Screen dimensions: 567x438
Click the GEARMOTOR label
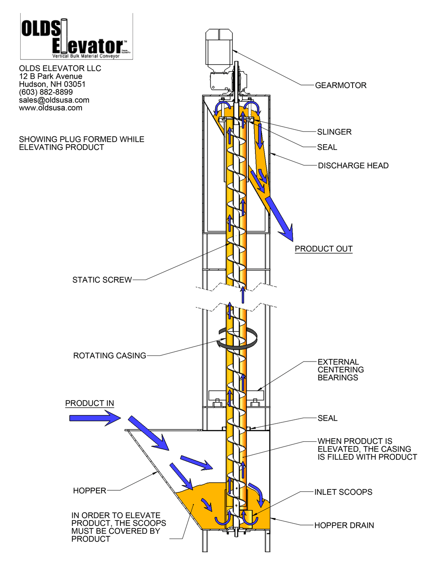[x=341, y=85]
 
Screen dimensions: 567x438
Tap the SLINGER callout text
[x=334, y=132]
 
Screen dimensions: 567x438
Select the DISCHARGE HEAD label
[x=353, y=166]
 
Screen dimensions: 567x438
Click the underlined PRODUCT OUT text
[x=323, y=249]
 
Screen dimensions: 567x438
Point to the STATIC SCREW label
[x=102, y=280]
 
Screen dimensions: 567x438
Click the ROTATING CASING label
[x=109, y=356]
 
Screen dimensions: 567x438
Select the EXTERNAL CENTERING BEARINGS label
[x=340, y=370]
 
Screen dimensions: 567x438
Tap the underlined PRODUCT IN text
[x=89, y=404]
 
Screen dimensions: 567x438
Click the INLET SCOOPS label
[x=343, y=492]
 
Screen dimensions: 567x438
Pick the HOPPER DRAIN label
[x=344, y=525]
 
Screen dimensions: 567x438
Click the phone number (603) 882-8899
[x=46, y=92]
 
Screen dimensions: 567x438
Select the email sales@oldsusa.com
[x=54, y=100]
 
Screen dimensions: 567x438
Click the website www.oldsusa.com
[x=50, y=108]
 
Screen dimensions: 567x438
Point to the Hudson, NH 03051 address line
[x=52, y=84]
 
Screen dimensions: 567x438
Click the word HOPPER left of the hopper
[x=89, y=491]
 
